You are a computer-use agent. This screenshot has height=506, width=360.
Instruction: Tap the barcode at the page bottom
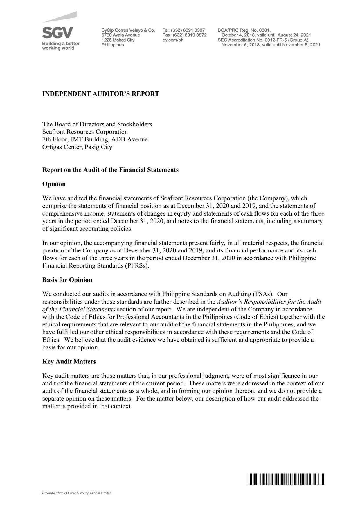click(x=286, y=479)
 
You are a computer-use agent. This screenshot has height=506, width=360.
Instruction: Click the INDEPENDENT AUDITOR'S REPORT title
click(x=101, y=94)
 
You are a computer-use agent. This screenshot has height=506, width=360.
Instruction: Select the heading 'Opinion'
click(x=54, y=184)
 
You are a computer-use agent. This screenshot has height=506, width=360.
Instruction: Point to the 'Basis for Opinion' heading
click(x=67, y=280)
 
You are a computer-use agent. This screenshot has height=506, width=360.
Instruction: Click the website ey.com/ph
click(x=173, y=40)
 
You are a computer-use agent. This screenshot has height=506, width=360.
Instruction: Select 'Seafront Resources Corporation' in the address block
click(x=85, y=132)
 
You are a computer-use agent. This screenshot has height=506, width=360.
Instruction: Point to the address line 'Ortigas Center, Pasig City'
click(x=77, y=147)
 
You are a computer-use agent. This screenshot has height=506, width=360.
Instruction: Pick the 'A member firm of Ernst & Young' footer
click(x=77, y=493)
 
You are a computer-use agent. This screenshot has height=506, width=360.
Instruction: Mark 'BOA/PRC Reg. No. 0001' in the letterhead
click(x=244, y=30)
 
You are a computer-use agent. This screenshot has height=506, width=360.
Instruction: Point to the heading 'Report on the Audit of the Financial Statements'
click(x=110, y=170)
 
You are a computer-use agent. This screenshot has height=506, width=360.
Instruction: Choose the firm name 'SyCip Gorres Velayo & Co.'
click(x=128, y=30)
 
